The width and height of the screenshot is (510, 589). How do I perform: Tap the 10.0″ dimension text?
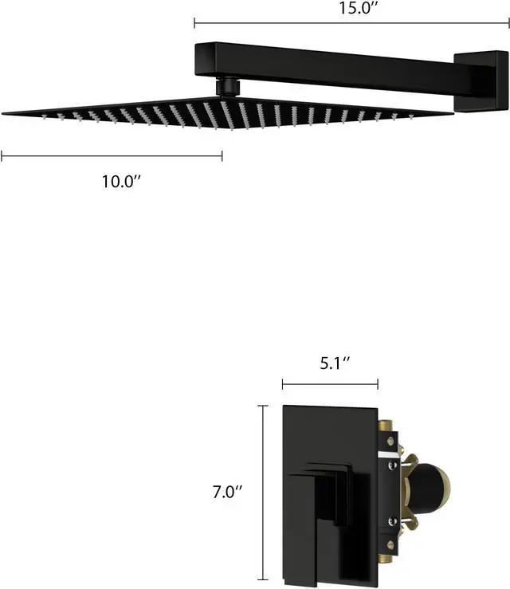pyautogui.click(x=120, y=181)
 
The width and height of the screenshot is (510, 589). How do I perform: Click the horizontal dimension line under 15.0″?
pyautogui.click(x=351, y=24)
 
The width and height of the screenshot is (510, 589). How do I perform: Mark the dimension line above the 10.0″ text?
pyautogui.click(x=112, y=156)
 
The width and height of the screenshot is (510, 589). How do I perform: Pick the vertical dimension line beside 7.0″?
pyautogui.click(x=263, y=492)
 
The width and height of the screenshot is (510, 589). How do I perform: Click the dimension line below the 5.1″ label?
pyautogui.click(x=330, y=385)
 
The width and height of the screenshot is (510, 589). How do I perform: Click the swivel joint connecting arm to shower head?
pyautogui.click(x=228, y=84)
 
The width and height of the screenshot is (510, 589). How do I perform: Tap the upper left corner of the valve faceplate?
pyautogui.click(x=285, y=408)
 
